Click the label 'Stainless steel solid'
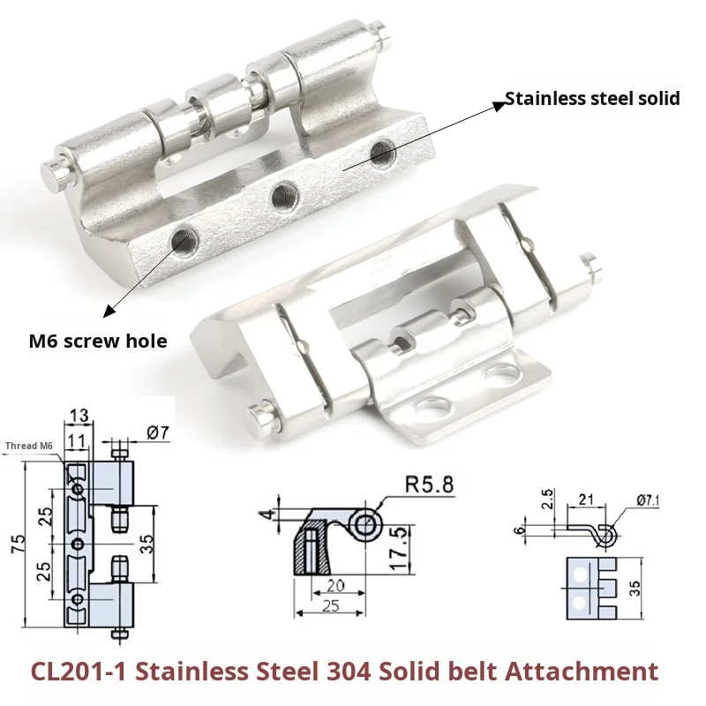tap(592, 98)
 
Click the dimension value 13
tap(79, 416)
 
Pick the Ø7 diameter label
tap(155, 432)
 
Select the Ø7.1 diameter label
tap(647, 501)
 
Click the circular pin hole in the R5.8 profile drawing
tap(366, 526)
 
